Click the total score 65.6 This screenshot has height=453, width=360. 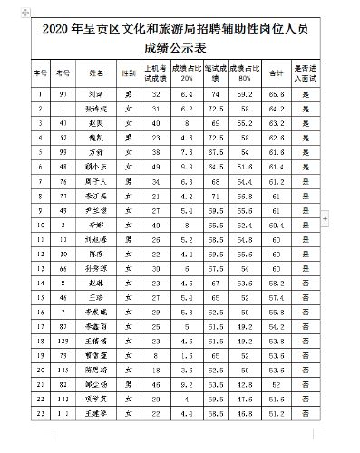click(x=277, y=93)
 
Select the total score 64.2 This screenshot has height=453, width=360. click(x=277, y=109)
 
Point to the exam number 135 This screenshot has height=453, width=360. click(x=62, y=370)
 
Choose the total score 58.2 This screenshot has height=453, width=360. click(x=277, y=283)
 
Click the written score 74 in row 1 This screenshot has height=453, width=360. click(x=215, y=93)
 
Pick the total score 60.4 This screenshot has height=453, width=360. click(x=277, y=224)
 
